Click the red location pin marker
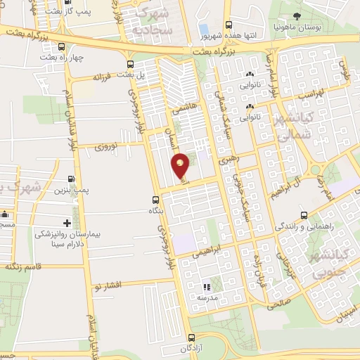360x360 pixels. click(181, 165)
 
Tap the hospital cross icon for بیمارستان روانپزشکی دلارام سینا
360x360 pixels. click(68, 223)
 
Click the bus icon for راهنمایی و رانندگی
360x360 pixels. click(303, 216)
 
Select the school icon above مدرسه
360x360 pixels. click(206, 287)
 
